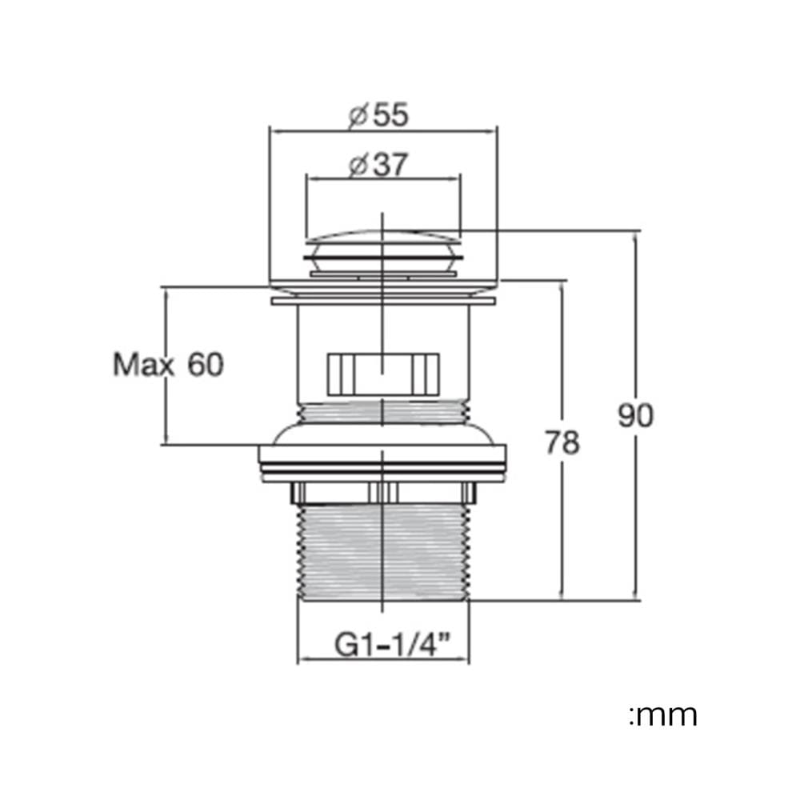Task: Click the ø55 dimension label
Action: pyautogui.click(x=378, y=114)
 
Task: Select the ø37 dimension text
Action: pyautogui.click(x=378, y=165)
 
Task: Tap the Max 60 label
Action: pyautogui.click(x=168, y=365)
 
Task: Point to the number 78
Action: pyautogui.click(x=562, y=442)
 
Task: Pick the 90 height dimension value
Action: pyautogui.click(x=636, y=415)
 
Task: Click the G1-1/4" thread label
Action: pyautogui.click(x=393, y=644)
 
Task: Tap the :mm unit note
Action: pyautogui.click(x=663, y=715)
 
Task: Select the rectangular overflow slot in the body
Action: pyautogui.click(x=383, y=374)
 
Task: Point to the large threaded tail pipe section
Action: pyautogui.click(x=383, y=552)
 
